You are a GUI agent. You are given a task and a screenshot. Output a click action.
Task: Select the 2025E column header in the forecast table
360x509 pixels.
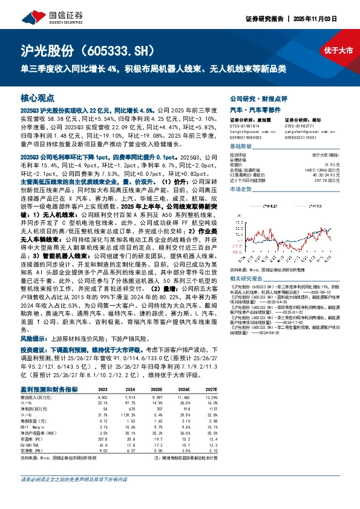(156, 390)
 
